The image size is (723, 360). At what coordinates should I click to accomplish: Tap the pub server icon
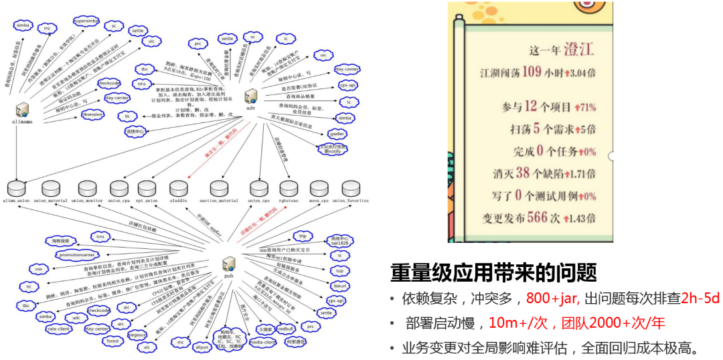(x=229, y=263)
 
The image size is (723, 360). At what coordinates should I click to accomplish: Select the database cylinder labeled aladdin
(x=179, y=189)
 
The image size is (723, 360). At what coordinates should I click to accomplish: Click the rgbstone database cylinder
(x=289, y=189)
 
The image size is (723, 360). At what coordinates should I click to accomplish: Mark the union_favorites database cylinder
(x=351, y=189)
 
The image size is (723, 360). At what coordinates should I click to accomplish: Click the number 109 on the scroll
(x=532, y=72)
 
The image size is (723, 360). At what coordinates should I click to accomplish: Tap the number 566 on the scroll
(x=537, y=218)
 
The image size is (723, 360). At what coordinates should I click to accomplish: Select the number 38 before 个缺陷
(x=524, y=173)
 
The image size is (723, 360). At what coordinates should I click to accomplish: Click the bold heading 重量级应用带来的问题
(x=493, y=274)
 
